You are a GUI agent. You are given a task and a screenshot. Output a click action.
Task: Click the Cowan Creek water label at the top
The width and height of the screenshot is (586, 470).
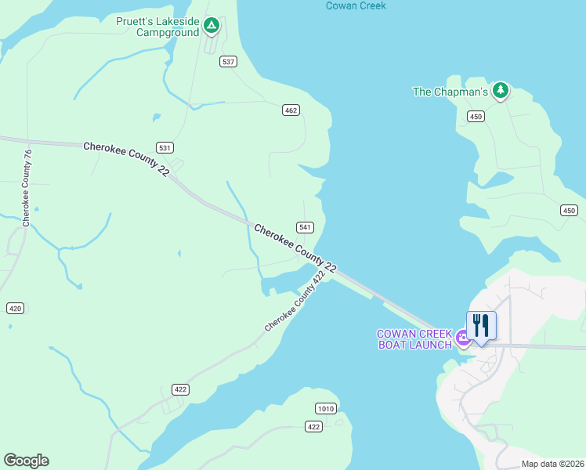click(356, 6)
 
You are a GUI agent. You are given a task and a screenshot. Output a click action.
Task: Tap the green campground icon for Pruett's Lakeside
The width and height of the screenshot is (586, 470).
click(211, 27)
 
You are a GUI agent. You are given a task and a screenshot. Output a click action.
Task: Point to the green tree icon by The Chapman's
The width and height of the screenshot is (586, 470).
click(501, 91)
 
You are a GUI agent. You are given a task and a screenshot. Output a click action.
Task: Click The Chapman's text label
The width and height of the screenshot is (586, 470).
click(450, 92)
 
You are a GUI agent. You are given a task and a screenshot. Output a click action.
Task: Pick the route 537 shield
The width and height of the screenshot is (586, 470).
click(228, 62)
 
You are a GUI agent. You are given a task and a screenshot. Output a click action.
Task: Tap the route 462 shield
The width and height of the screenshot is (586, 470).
click(291, 110)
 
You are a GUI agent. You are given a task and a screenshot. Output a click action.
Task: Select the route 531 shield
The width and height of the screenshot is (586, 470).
click(165, 147)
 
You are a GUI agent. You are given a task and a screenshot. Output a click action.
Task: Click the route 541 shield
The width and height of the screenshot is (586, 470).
click(306, 227)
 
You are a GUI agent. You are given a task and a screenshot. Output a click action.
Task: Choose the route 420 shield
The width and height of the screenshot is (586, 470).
click(15, 308)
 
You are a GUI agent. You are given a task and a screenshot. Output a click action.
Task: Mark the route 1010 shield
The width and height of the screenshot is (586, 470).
click(326, 409)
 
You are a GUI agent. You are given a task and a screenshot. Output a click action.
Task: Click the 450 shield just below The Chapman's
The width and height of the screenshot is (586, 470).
click(476, 116)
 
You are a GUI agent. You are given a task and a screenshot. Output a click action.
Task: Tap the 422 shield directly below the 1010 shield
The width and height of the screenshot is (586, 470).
click(313, 426)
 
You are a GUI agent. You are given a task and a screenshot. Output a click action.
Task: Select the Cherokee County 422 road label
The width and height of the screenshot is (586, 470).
click(295, 302)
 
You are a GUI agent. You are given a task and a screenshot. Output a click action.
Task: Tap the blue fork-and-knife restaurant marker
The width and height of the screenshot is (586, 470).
click(481, 325)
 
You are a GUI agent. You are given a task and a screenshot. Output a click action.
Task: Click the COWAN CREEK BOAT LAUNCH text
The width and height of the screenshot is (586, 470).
click(414, 339)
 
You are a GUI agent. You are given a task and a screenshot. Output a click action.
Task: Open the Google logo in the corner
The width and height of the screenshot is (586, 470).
click(26, 461)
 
